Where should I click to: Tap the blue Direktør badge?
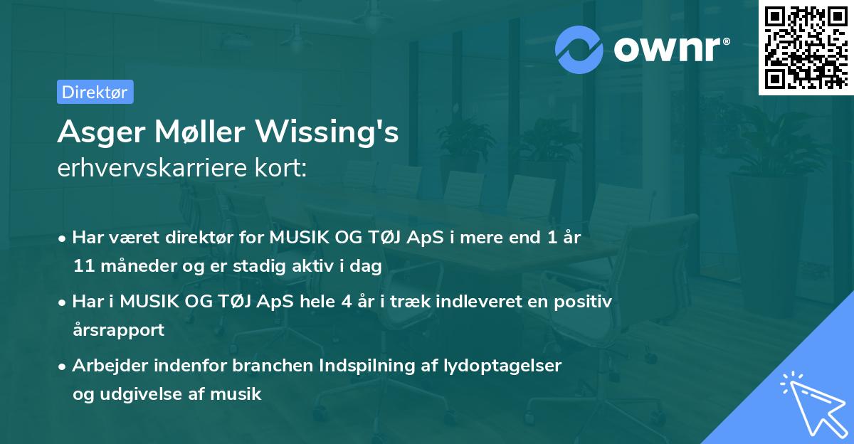click(x=94, y=92)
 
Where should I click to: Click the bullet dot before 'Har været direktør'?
click(x=63, y=238)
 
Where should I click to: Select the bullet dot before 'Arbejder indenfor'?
click(x=63, y=366)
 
